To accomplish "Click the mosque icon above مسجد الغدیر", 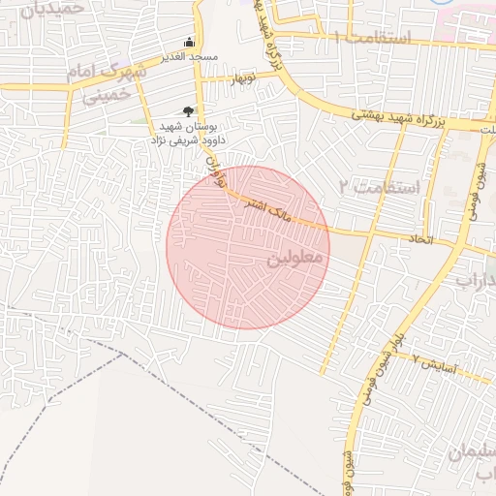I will click(189, 43).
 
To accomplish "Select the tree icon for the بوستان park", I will click(188, 112).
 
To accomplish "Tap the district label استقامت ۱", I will click(373, 38).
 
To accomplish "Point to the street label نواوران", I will click(219, 175).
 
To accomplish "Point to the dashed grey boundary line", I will click(58, 407).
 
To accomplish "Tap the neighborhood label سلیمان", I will click(469, 455).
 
